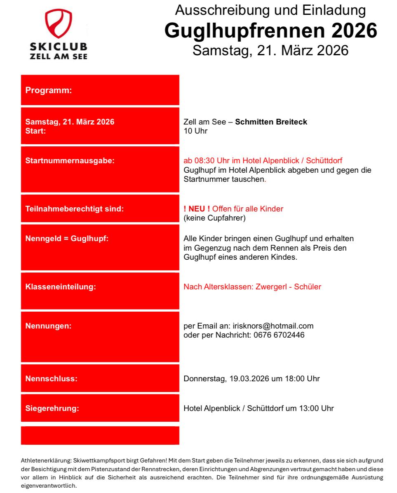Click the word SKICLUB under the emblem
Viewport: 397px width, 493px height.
(x=59, y=47)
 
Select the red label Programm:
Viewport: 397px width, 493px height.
(x=49, y=90)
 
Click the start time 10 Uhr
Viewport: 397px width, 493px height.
(x=195, y=131)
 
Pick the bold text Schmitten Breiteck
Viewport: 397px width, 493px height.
(x=271, y=122)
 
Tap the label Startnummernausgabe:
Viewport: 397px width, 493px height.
(x=70, y=160)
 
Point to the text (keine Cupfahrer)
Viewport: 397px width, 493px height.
(x=214, y=218)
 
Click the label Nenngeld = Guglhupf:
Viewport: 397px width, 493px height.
(x=67, y=239)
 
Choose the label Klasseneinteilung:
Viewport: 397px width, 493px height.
(x=61, y=286)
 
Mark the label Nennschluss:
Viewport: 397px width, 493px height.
(x=52, y=378)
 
